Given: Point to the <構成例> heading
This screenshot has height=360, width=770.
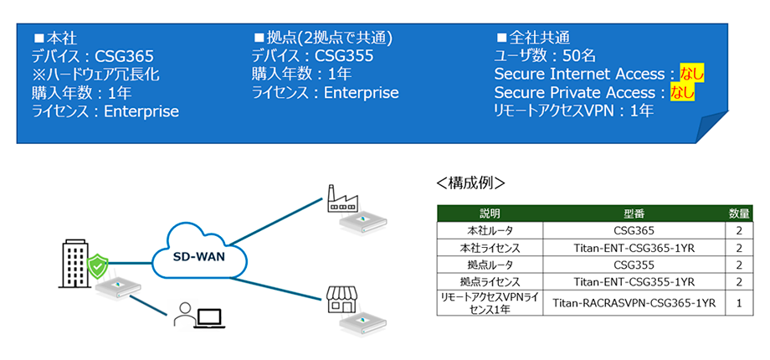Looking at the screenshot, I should [471, 182].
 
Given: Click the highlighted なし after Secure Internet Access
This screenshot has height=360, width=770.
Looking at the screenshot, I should [692, 74].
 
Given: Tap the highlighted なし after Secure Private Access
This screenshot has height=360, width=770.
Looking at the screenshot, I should [683, 91].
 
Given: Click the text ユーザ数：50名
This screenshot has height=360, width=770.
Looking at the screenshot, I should [545, 56].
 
